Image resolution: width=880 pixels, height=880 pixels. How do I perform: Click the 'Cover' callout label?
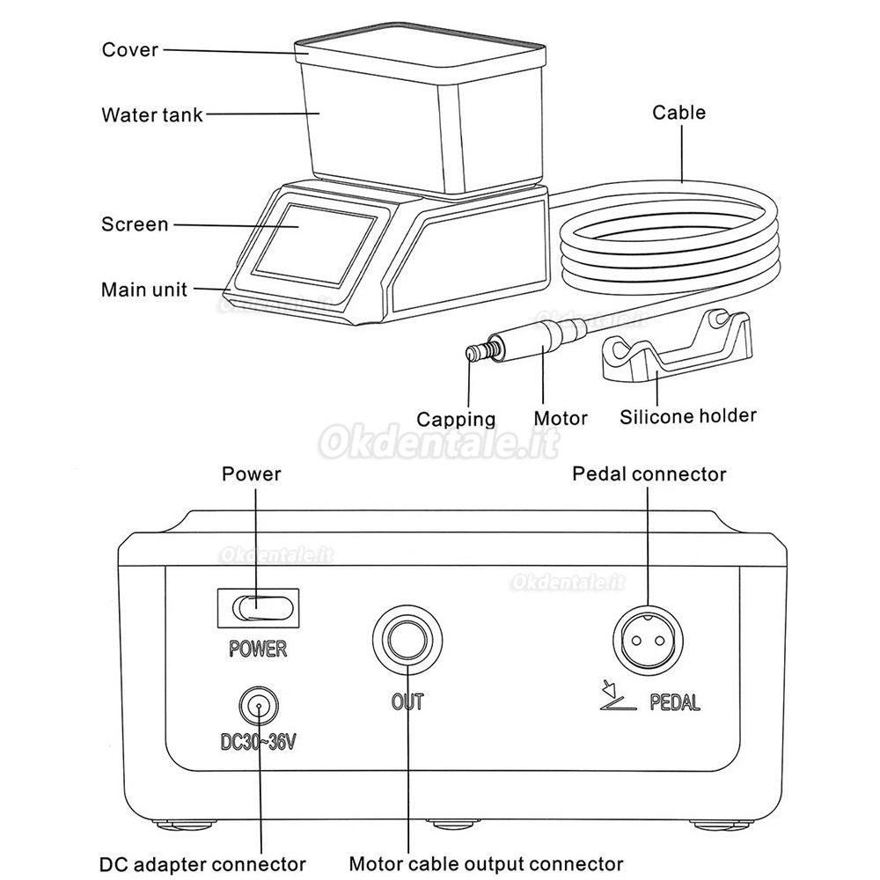(130, 49)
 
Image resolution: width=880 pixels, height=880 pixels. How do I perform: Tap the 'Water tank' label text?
(152, 114)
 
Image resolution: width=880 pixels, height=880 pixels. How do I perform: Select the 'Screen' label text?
(135, 224)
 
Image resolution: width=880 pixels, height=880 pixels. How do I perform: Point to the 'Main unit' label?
(144, 290)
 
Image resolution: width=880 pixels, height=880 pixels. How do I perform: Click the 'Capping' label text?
(456, 419)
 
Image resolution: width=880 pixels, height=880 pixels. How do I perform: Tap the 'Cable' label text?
(678, 112)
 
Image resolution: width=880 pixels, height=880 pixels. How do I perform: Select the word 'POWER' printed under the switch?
(258, 649)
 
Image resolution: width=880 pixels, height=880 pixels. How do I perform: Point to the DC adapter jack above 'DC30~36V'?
(259, 705)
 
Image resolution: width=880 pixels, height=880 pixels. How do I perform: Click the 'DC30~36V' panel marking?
(259, 742)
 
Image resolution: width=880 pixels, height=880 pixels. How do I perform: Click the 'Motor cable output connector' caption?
(486, 863)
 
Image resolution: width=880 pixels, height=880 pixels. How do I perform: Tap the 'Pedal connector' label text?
(649, 474)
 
